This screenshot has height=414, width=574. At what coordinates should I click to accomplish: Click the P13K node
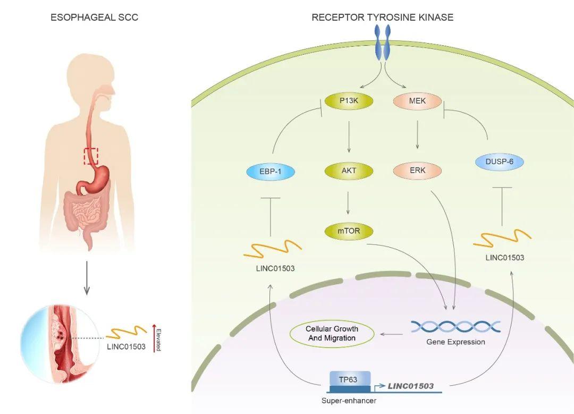click(349, 100)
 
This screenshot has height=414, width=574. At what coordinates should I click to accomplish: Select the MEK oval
click(417, 100)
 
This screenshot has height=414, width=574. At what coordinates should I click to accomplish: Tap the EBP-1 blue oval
click(271, 171)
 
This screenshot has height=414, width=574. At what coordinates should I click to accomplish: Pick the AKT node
click(349, 171)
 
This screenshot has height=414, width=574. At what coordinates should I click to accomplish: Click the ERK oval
click(417, 171)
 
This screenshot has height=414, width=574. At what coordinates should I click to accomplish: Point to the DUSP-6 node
click(499, 162)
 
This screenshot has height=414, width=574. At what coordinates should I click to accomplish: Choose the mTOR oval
click(349, 231)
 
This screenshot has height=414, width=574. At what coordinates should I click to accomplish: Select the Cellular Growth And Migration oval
click(332, 333)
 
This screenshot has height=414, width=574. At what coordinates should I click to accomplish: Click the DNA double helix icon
click(455, 326)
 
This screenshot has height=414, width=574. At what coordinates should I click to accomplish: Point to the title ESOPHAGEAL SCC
click(94, 17)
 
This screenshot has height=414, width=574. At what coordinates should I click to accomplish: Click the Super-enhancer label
click(349, 401)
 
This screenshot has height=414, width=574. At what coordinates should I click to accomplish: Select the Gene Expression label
click(456, 342)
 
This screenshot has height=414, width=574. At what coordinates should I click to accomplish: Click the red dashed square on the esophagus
click(91, 156)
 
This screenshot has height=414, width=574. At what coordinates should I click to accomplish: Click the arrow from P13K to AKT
click(349, 137)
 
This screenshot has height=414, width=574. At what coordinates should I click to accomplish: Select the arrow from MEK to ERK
click(417, 134)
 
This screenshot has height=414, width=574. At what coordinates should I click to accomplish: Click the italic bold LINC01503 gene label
click(410, 386)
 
